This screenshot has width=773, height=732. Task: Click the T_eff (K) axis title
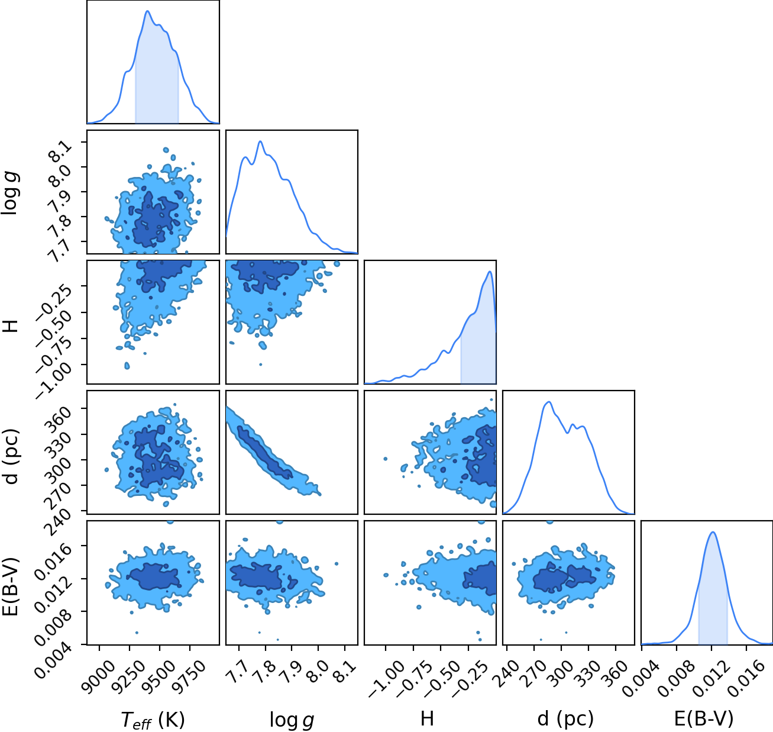coord(153,720)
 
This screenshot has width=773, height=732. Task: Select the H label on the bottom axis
coord(427,718)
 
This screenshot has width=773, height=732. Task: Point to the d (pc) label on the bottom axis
coord(565,719)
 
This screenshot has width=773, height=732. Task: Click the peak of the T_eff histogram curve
coord(147,11)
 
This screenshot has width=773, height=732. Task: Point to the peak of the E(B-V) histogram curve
coord(713,533)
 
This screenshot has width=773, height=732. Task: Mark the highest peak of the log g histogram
coord(260,141)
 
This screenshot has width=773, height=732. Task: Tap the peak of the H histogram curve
coord(490,271)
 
